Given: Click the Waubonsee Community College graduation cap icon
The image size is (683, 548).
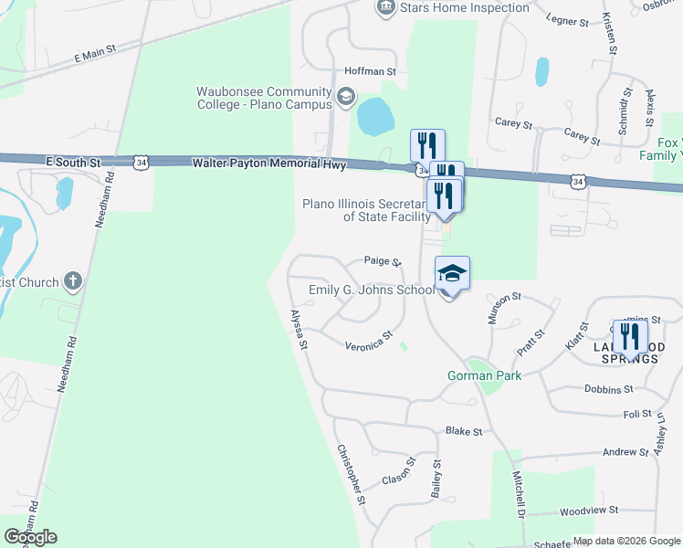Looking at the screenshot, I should tap(346, 96).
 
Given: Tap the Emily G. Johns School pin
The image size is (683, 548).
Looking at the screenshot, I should tap(452, 273).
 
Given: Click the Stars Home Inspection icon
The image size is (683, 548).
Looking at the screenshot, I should tap(385, 7).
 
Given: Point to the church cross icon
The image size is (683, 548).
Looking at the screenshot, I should tap(73, 282).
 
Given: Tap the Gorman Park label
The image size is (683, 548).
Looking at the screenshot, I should tap(483, 375).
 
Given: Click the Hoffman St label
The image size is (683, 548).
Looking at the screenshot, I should tap(370, 70).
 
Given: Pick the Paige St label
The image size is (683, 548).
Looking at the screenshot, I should tap(383, 261).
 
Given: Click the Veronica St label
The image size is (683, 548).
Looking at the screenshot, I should tap(369, 341).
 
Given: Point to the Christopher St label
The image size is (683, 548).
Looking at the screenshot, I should tap(351, 474).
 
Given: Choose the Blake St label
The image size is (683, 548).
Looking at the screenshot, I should tap(463, 430).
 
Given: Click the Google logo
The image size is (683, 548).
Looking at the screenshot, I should tap(30, 537).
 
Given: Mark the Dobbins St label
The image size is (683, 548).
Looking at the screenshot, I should tap(607, 389).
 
